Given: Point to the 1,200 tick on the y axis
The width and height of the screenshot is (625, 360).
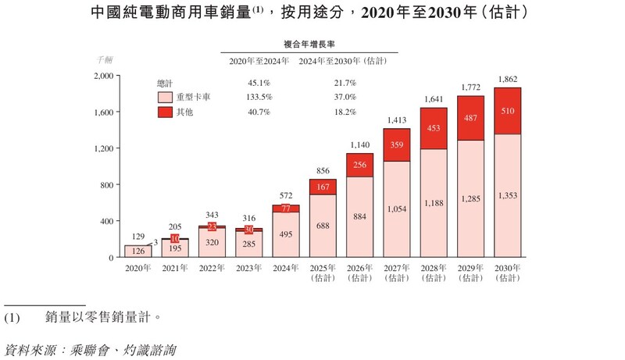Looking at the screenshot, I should coord(105,148).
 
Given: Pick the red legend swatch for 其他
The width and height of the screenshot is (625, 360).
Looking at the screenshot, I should coord(165,112).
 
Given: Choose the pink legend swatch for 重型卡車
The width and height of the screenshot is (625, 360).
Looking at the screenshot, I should coord(165,98).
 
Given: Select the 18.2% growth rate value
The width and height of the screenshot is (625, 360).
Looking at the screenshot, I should coord(345,112).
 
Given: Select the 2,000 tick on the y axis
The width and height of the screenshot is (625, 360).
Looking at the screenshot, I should coord(105,76).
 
